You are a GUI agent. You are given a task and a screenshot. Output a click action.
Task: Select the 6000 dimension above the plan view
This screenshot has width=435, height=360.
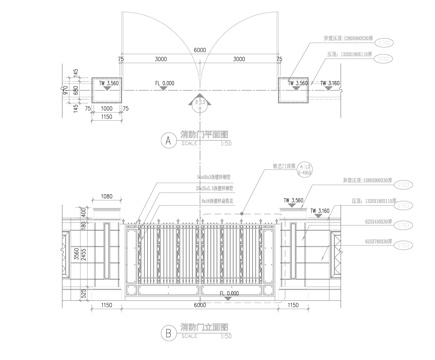(x=200, y=50)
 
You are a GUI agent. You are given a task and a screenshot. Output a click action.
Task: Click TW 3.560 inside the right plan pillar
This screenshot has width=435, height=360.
(x=297, y=84)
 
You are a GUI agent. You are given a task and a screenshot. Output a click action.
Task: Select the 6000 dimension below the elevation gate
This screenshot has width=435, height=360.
(x=200, y=307)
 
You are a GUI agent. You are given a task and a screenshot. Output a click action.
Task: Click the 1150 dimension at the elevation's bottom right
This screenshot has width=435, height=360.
(x=292, y=307)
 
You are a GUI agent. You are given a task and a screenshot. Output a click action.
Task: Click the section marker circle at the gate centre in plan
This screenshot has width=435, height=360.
(x=200, y=102)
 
